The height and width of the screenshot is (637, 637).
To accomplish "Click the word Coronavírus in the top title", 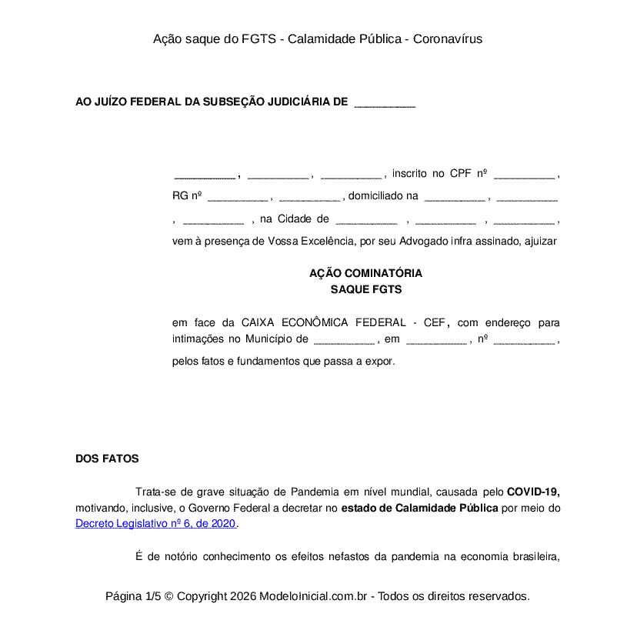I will coord(448,38).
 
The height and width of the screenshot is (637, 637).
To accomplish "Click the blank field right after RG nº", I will coord(238,197).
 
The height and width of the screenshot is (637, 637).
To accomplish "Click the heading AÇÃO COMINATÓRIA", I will coord(365,273).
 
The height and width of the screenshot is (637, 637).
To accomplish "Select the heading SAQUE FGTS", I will coord(365,290).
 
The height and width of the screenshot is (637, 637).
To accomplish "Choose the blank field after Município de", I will coord(344,340).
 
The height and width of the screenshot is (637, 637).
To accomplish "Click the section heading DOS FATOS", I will coord(107,459).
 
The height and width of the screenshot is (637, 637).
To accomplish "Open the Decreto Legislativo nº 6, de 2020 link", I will coord(156,524).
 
